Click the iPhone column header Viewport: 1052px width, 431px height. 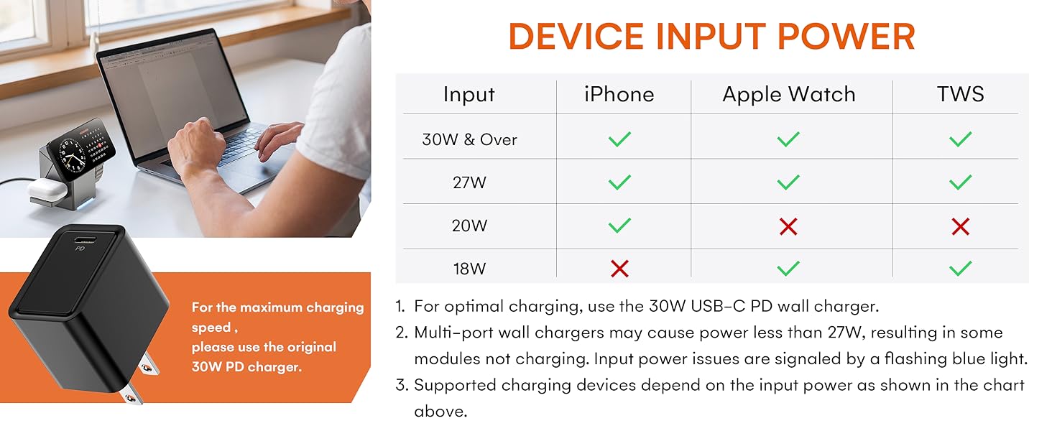(619, 94)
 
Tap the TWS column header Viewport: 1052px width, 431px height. (961, 94)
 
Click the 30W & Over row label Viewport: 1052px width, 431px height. (469, 139)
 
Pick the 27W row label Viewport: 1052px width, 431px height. (469, 182)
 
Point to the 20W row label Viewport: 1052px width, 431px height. (469, 226)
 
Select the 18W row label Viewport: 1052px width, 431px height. (469, 269)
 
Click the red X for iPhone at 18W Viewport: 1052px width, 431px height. (619, 269)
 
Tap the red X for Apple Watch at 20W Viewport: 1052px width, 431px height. (788, 227)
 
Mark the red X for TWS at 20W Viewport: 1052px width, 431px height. (961, 227)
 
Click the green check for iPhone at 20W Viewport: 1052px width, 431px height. (619, 226)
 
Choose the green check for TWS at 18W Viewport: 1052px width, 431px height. (961, 268)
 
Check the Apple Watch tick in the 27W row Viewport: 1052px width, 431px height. (788, 182)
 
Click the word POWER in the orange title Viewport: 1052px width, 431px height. (846, 36)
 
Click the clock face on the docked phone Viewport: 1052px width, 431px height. (72, 152)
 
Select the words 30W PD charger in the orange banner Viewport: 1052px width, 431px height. (246, 366)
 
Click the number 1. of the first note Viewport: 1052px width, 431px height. (400, 306)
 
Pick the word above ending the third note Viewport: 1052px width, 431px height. (440, 412)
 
